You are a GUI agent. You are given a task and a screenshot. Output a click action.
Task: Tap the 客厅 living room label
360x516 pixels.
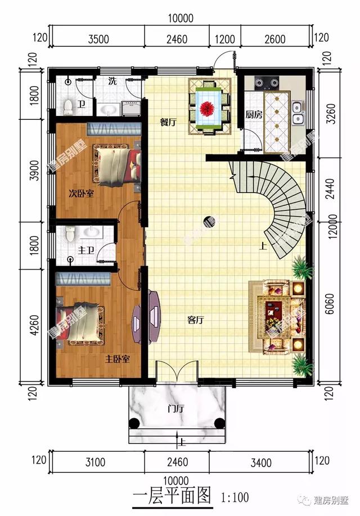click(x=195, y=320)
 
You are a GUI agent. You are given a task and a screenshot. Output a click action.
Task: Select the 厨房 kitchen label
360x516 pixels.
click(x=254, y=114)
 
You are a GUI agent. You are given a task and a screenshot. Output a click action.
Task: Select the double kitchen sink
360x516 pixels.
click(x=298, y=113)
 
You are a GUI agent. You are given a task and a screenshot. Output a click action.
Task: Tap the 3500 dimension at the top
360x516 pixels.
click(x=98, y=39)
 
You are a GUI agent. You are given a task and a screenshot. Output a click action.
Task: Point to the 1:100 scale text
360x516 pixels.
click(x=235, y=497)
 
